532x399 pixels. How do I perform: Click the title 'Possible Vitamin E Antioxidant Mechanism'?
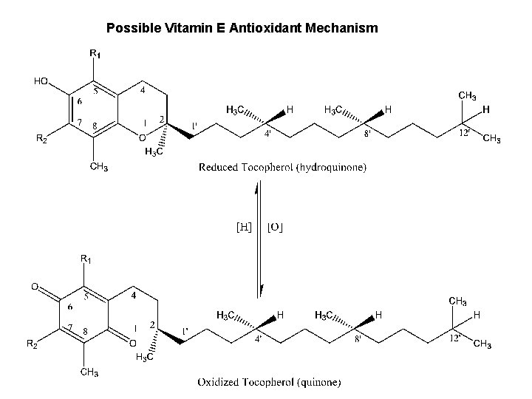242,29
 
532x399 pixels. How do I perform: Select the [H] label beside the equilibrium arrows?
243,226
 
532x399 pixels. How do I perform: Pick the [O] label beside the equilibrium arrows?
275,226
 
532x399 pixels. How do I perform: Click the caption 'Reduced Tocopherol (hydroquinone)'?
282,168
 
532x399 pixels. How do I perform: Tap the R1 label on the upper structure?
95,53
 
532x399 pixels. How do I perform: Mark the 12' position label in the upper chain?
465,132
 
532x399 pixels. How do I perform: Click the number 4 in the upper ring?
143,91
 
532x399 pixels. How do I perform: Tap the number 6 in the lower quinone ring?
69,306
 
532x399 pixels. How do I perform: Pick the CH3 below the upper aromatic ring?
99,166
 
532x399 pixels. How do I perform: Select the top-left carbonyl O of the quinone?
34,286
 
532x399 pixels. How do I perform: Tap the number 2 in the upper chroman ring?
163,119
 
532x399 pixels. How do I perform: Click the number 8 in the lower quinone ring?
86,330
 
